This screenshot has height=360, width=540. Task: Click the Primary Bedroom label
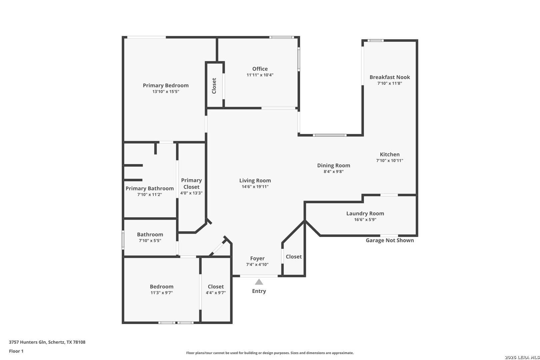[166, 85]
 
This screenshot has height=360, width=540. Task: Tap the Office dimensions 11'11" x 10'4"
[260, 75]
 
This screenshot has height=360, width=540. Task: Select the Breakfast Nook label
[390, 77]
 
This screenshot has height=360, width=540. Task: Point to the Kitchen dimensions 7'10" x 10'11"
[390, 161]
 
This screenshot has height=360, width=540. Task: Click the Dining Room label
[333, 165]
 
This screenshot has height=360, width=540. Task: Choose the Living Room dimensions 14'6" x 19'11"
[255, 187]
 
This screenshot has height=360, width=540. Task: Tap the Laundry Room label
[365, 213]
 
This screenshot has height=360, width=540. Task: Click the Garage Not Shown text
[390, 240]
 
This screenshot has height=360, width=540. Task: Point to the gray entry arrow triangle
[259, 282]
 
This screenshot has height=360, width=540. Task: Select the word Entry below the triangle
[259, 291]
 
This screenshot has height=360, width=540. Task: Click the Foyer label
[257, 258]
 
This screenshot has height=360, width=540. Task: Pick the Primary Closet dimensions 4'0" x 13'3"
[191, 193]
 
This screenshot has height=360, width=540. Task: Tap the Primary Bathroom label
[149, 188]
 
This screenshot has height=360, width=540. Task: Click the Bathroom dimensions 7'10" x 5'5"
[150, 241]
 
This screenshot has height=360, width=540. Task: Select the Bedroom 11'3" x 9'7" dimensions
[162, 293]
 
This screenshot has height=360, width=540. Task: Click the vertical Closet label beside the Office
[214, 86]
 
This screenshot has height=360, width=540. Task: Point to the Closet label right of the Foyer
[294, 257]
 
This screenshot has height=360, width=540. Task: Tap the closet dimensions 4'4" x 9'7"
[216, 293]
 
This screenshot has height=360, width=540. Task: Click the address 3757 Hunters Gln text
[27, 342]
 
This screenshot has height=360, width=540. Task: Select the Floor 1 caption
[16, 351]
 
